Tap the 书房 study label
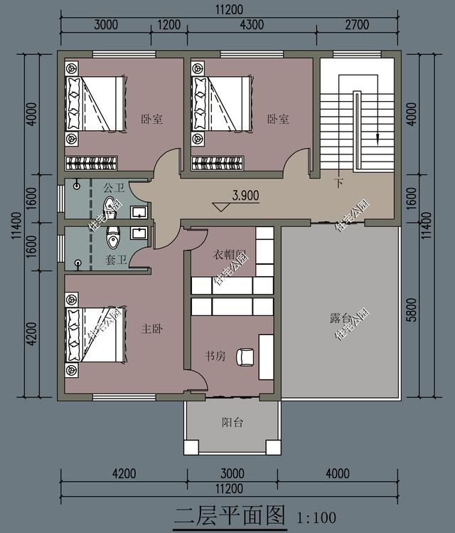coord(215,356)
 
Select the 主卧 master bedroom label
coord(152,329)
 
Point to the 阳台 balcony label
coord(232,423)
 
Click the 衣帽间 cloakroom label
coord(230,255)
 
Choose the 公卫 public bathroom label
coord(114,189)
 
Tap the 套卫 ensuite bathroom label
coord(116,260)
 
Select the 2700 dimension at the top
coord(357,24)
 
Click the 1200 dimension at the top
coord(168,24)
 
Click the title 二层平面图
coord(230,514)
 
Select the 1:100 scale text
coord(314,517)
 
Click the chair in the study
coord(246,357)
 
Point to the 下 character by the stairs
coord(339,183)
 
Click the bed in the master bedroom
coord(96,334)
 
